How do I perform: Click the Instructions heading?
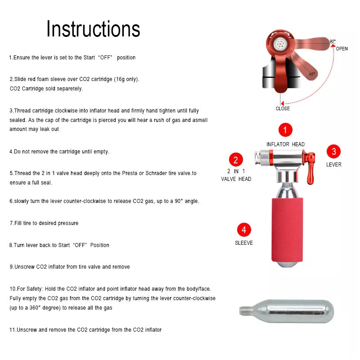[x=93, y=29]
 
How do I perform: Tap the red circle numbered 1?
[x=285, y=130]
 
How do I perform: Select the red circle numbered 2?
[x=236, y=160]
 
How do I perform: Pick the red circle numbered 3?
[x=333, y=151]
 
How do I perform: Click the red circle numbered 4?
[x=244, y=229]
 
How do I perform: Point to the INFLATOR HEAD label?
[x=285, y=144]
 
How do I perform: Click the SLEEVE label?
[x=244, y=243]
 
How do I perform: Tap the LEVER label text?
[x=334, y=165]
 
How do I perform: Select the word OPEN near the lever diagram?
[x=342, y=49]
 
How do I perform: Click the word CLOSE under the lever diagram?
[x=283, y=108]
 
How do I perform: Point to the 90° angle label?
[x=333, y=41]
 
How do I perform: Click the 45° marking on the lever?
[x=312, y=74]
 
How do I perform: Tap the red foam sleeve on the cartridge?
[x=287, y=229]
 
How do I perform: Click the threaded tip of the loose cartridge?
[x=245, y=311]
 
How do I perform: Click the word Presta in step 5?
[x=130, y=173]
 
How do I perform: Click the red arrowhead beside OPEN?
[x=333, y=46]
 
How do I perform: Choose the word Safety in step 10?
[x=35, y=289]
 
